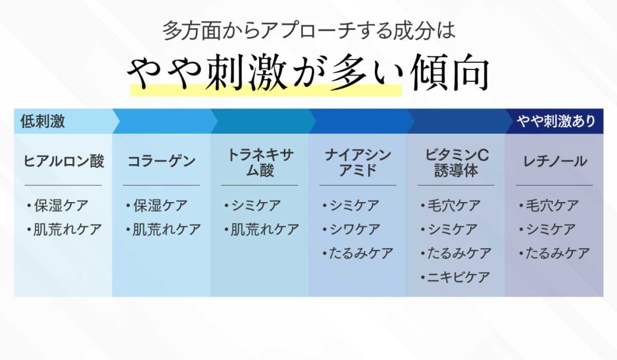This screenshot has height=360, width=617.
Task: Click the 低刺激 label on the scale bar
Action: tap(43, 121)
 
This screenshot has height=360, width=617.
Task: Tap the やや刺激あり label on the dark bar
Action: tap(556, 121)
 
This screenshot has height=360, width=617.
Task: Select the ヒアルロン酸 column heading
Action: tap(63, 162)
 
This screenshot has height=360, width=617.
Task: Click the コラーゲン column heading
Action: tap(161, 162)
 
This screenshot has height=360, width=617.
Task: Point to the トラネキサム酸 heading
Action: tap(260, 163)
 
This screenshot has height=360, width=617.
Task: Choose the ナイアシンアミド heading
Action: tap(358, 163)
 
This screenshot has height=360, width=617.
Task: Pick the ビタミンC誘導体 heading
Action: tap(456, 163)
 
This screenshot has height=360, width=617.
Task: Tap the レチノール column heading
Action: tap(554, 162)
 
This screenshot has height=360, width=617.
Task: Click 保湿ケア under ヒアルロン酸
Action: tap(61, 206)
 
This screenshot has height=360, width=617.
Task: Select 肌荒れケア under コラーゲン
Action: tap(166, 230)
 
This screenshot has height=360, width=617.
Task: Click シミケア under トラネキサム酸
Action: tap(255, 206)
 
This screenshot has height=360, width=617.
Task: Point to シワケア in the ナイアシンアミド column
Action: tap(354, 230)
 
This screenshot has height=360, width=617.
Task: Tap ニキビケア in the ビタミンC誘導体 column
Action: tap(459, 277)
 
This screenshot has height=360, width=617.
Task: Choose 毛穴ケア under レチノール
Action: tap(552, 206)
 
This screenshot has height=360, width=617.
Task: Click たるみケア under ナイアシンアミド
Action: tap(361, 254)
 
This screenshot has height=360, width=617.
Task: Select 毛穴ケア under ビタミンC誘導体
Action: tap(454, 206)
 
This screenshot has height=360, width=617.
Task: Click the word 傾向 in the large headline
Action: tap(449, 73)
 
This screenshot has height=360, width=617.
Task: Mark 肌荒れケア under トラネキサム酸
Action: tap(265, 230)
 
